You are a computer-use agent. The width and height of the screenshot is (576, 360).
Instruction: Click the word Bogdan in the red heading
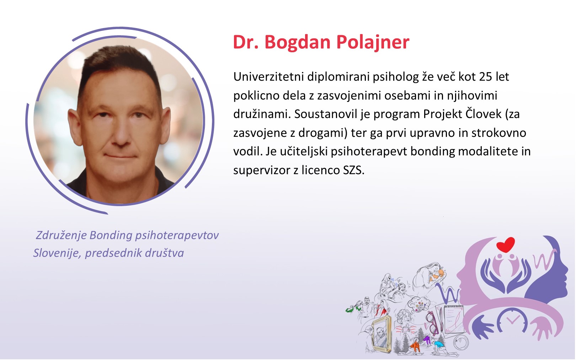297,42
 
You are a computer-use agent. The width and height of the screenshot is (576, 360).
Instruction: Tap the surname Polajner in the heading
373,42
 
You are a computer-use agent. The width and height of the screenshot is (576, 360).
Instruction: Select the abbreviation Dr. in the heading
246,42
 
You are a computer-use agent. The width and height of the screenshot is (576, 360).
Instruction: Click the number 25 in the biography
485,76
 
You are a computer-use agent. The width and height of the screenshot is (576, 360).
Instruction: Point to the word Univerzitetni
268,76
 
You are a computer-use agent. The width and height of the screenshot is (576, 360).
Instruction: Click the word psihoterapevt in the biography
369,152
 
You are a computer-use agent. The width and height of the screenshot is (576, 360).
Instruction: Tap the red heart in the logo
506,245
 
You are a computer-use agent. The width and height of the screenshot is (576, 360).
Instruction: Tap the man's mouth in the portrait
120,156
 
